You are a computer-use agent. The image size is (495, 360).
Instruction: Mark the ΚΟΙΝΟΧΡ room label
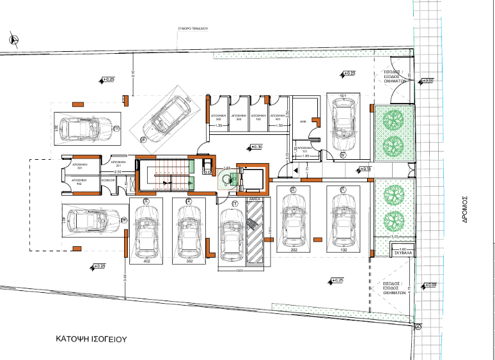[x=109, y=181]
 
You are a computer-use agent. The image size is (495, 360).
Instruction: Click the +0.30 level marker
[x=255, y=147]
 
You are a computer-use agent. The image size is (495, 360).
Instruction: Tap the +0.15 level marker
[x=364, y=168]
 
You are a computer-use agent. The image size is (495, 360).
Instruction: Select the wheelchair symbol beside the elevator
[x=226, y=181]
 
